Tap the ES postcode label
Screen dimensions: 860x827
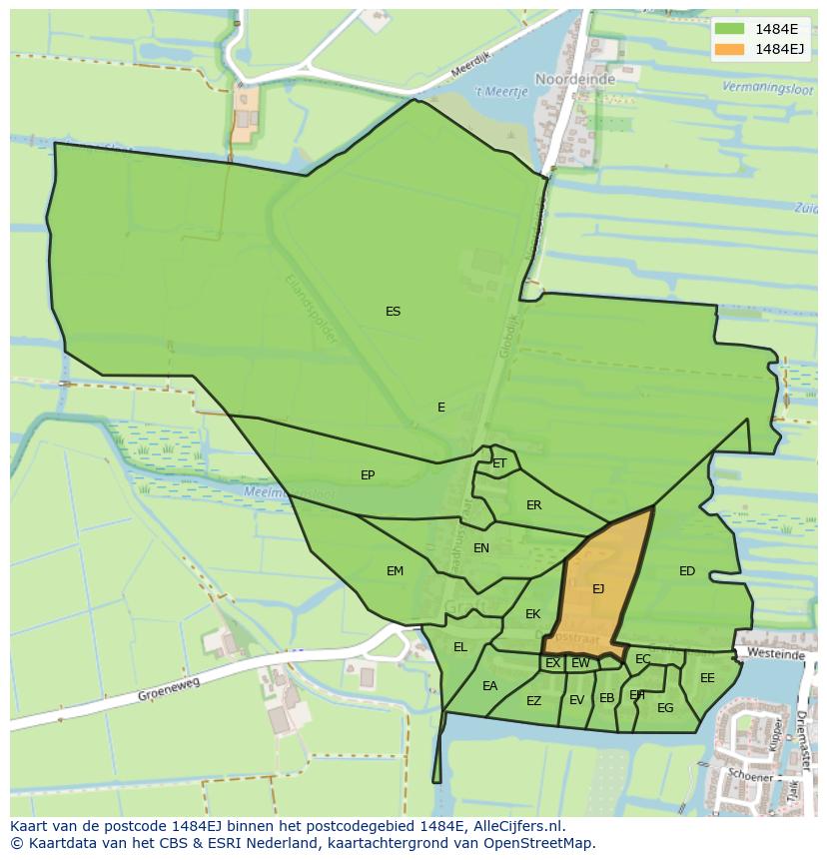point(393,312)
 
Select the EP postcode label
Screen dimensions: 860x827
point(368,475)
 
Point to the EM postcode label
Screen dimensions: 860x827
point(395,571)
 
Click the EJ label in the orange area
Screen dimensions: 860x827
point(598,589)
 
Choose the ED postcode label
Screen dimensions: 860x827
point(687,571)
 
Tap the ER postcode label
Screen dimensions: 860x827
point(533,505)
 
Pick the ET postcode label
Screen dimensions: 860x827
point(499,463)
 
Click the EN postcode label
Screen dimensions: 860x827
point(481,548)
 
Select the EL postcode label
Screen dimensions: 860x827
point(459,647)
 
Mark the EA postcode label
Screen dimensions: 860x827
point(489,686)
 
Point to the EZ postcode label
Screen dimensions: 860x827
point(533,701)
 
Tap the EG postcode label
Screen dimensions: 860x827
point(665,708)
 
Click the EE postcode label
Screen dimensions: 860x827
point(707,678)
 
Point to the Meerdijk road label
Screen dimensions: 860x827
point(472,67)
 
